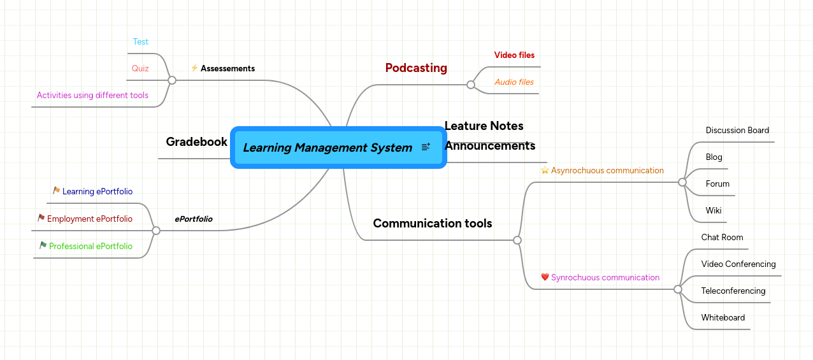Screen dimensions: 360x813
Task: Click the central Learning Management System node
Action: click(x=327, y=148)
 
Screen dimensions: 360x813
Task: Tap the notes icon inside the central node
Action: click(x=426, y=147)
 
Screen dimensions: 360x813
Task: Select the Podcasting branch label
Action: click(x=416, y=68)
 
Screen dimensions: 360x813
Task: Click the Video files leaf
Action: click(x=514, y=55)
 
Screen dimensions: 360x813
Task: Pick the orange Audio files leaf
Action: click(x=514, y=82)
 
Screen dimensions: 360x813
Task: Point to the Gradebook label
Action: click(x=196, y=142)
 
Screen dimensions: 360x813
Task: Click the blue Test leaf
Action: click(x=140, y=42)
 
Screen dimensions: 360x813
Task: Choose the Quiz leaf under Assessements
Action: click(x=140, y=69)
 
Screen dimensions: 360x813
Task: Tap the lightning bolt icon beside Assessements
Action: click(x=194, y=68)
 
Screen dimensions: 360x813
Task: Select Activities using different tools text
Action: click(x=92, y=96)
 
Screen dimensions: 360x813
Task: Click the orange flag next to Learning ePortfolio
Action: click(x=57, y=191)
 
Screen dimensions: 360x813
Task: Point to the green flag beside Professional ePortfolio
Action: click(x=43, y=245)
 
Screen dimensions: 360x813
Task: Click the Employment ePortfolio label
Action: click(x=89, y=219)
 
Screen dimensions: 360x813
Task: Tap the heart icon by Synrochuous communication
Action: click(x=545, y=277)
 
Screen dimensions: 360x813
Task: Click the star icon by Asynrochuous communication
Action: click(x=545, y=170)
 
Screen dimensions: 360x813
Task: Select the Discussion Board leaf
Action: click(x=737, y=131)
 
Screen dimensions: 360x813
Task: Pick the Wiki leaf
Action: click(x=714, y=211)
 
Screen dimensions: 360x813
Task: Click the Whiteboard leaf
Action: click(x=723, y=318)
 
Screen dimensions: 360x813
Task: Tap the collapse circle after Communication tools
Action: click(x=517, y=240)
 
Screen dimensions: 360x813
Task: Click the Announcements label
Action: click(x=490, y=146)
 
